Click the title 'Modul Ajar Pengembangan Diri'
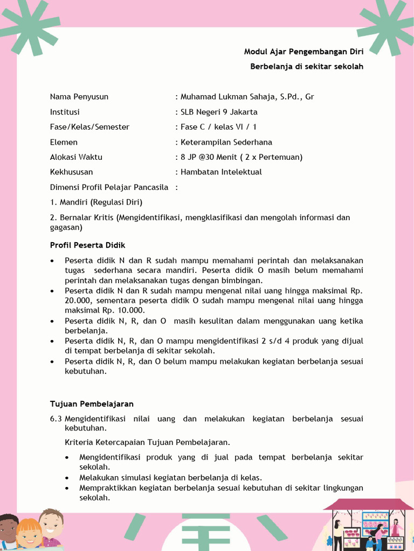pyautogui.click(x=303, y=52)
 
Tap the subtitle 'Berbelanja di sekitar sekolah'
pyautogui.click(x=306, y=67)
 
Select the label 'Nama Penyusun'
pyautogui.click(x=79, y=97)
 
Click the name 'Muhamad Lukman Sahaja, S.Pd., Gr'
pyautogui.click(x=247, y=97)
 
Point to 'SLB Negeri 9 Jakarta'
pyautogui.click(x=219, y=112)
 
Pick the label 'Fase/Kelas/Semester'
pyautogui.click(x=89, y=127)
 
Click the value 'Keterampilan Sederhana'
pyautogui.click(x=226, y=142)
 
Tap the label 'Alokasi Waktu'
pyautogui.click(x=76, y=157)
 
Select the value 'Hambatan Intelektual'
pyautogui.click(x=221, y=172)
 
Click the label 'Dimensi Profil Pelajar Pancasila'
pyautogui.click(x=109, y=187)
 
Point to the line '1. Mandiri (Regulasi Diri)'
pyautogui.click(x=96, y=202)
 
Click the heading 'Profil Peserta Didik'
pyautogui.click(x=87, y=245)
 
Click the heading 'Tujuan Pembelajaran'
pyautogui.click(x=92, y=404)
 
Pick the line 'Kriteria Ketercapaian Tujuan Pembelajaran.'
pyautogui.click(x=147, y=442)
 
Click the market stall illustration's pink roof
pyautogui.click(x=368, y=504)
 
